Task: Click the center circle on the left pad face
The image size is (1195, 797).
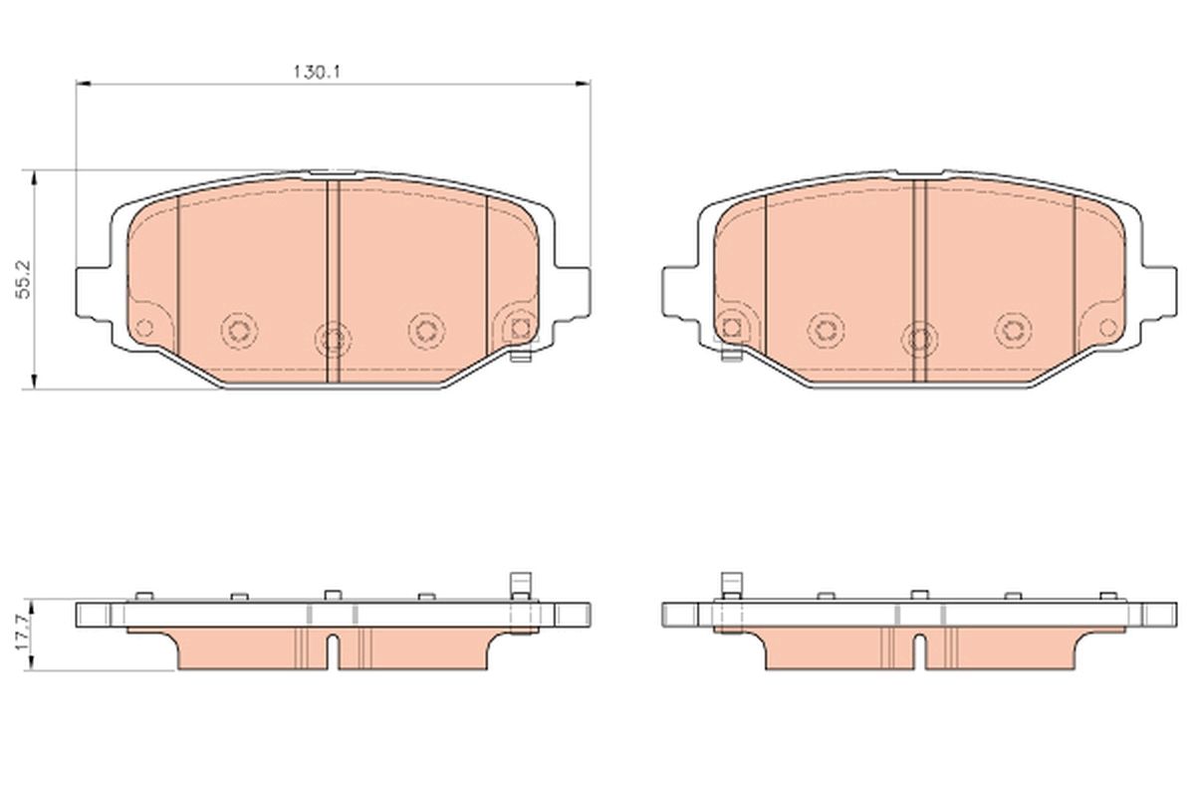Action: [x=333, y=338]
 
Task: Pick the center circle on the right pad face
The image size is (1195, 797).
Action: [x=917, y=338]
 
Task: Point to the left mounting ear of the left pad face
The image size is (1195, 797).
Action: [x=92, y=291]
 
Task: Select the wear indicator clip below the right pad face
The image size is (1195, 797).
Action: [x=730, y=352]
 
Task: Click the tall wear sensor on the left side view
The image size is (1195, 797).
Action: [x=517, y=584]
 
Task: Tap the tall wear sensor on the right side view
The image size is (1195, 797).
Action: [x=730, y=584]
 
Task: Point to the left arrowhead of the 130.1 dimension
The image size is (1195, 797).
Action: [x=83, y=84]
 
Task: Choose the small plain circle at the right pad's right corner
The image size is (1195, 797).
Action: [x=1107, y=326]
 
